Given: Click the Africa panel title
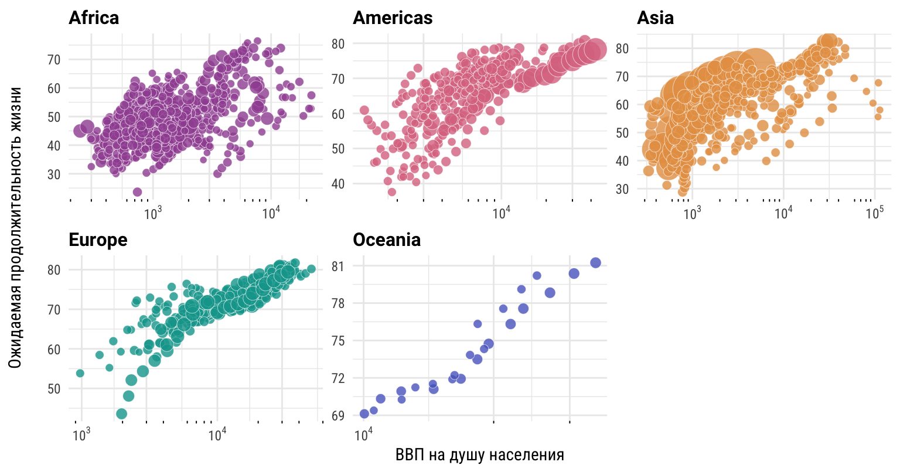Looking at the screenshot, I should [x=94, y=18].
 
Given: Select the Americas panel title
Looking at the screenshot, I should [x=393, y=18].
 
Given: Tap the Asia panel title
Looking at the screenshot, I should [x=655, y=18].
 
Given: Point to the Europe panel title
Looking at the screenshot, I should [x=98, y=240].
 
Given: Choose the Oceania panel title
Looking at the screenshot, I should [x=387, y=240].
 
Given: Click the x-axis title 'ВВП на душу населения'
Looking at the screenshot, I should [x=480, y=455].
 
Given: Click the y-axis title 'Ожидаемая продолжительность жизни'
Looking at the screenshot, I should [x=16, y=227].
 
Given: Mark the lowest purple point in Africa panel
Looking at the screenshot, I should [x=137, y=192].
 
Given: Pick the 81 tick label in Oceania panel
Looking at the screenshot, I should [x=338, y=266].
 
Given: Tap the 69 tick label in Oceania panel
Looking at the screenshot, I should [x=338, y=416].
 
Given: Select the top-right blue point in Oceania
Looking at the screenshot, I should [x=595, y=263].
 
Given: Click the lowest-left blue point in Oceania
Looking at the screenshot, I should [x=364, y=414].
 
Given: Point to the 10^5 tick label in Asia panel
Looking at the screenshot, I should [x=874, y=213].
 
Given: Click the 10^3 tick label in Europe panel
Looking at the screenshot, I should [x=81, y=435].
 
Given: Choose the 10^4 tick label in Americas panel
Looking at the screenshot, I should [x=501, y=213].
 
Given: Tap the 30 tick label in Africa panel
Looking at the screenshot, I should [x=54, y=175].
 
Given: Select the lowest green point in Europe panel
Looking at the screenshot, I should [x=122, y=414].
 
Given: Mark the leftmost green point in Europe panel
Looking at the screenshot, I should [x=80, y=373].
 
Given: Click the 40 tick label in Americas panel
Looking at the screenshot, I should [x=338, y=184].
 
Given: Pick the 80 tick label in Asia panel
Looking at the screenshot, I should [x=622, y=49].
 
